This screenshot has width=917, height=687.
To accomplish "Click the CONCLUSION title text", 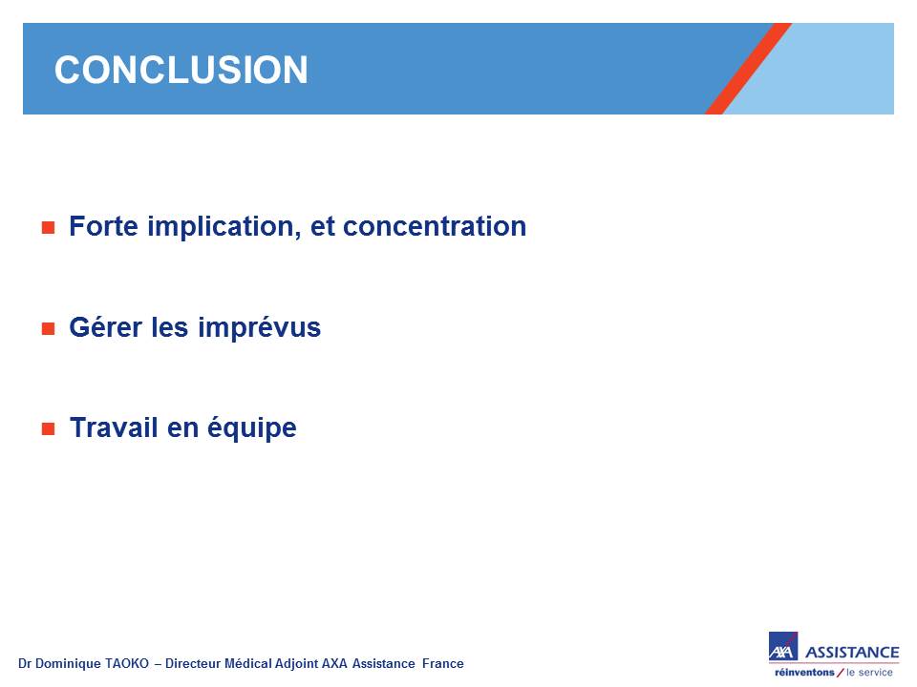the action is point(181,70).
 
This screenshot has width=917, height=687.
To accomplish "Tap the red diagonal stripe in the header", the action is point(749,69).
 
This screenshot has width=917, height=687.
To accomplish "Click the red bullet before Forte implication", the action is point(48,227).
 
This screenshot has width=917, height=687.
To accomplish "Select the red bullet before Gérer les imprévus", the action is point(48,328).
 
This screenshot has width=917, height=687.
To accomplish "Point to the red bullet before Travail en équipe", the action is point(48,429).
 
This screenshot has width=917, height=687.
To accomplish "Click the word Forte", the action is point(103,226).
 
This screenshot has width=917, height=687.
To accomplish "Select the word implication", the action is point(224,228).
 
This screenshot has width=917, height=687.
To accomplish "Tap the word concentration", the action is point(435,227).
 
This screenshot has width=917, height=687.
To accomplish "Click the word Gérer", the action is point(105,327).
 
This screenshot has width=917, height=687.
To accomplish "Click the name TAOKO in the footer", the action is point(127,664).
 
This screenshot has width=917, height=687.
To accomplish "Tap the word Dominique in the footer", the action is point(68,664).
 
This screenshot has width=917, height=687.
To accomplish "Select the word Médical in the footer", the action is point(248,664).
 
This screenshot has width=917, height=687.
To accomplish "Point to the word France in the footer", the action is point(442,664).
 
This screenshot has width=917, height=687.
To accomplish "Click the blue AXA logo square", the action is point(783,646).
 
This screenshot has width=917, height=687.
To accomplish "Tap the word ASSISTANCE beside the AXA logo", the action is point(852,653).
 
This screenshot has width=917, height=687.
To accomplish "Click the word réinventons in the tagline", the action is point(804,673).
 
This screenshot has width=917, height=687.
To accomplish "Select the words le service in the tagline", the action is point(869,673).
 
